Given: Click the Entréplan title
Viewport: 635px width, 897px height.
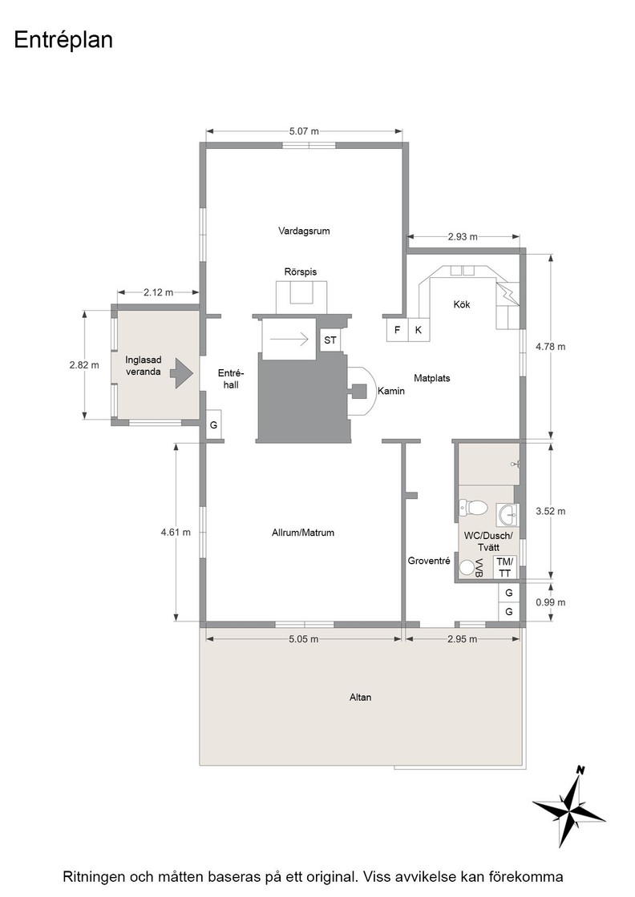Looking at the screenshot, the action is (63, 40).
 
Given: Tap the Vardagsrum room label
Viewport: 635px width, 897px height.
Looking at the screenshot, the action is (304, 231).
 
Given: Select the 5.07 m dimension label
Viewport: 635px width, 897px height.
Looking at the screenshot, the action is (304, 131).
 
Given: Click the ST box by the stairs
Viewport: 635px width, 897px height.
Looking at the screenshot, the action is (330, 340).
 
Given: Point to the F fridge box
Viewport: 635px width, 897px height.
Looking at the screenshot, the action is (398, 330).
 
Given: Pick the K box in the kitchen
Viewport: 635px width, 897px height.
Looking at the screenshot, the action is (419, 330).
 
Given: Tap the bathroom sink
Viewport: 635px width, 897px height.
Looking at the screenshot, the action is (508, 515).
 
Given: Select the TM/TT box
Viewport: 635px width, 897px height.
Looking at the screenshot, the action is (505, 568).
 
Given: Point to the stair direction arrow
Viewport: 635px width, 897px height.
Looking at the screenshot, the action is (289, 340).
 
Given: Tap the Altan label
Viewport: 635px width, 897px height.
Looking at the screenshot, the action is (360, 698).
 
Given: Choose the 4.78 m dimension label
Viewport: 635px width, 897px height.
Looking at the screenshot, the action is (550, 347).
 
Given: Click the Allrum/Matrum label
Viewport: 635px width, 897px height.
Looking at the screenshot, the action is (303, 533).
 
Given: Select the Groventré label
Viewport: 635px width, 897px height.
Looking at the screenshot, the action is (429, 561).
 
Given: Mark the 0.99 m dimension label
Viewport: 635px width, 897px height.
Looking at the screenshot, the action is (550, 602).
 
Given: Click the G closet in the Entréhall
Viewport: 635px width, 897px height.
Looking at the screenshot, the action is (213, 425).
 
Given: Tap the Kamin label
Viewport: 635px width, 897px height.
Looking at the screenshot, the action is (391, 392).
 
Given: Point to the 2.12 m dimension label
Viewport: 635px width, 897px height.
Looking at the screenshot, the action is (158, 292).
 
